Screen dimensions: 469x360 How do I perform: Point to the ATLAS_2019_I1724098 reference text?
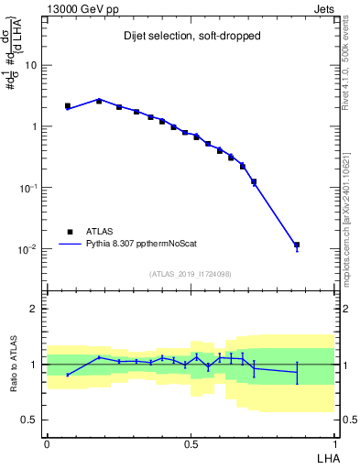190,273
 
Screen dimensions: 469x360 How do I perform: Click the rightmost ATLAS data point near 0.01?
297,245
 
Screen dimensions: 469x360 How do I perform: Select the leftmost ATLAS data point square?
68,106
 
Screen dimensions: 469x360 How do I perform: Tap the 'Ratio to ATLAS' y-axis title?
13,365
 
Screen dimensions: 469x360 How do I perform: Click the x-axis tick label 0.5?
191,442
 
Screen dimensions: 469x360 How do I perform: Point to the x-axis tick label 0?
47,442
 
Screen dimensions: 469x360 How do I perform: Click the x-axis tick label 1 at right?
334,442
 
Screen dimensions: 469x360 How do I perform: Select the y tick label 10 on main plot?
30,65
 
